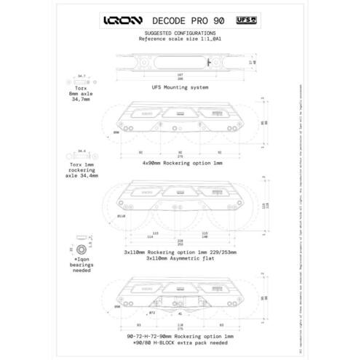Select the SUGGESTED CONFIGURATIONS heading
click(x=180, y=33)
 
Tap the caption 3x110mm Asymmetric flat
click(x=180, y=257)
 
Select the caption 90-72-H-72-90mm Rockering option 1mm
click(x=180, y=337)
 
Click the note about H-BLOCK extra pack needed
click(x=180, y=343)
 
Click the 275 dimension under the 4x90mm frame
click(x=180, y=156)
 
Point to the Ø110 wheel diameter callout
click(x=122, y=216)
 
